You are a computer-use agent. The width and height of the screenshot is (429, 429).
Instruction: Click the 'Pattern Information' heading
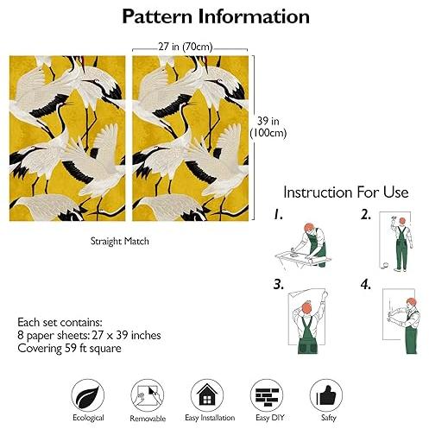216,16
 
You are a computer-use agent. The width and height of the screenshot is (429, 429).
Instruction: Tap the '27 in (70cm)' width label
186,47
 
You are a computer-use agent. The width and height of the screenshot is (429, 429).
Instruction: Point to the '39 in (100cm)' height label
268,127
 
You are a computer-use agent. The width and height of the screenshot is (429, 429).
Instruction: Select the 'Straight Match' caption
120,241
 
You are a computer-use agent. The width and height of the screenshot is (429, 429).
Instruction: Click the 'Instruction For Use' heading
346,192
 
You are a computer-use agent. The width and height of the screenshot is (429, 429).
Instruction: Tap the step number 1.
278,214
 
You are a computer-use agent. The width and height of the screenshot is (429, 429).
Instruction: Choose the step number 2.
365,215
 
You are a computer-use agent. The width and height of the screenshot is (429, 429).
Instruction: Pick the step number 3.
279,284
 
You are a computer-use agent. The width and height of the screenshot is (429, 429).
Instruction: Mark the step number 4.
366,285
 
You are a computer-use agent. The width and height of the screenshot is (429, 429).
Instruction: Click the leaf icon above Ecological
88,395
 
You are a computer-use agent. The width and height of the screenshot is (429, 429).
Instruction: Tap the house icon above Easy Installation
207,395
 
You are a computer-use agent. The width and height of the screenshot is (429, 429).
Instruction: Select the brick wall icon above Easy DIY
267,395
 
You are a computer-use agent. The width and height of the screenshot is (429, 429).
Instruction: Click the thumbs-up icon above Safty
326,395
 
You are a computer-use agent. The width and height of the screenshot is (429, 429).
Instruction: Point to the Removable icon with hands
148,395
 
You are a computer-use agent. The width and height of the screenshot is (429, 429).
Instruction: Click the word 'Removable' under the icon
148,419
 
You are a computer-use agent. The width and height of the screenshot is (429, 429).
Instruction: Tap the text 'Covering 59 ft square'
69,349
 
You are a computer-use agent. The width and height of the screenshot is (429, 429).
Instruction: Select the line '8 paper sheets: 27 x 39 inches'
89,335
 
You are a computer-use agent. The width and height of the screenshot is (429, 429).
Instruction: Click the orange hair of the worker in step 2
402,221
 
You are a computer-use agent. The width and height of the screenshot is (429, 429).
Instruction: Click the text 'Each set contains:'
60,322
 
